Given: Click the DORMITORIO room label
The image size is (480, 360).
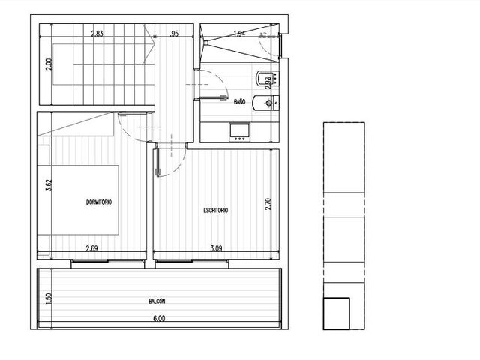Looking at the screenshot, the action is pos(99,202).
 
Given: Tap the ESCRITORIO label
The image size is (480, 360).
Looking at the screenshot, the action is pos(216,210).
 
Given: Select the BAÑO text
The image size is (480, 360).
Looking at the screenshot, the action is pos(239,101).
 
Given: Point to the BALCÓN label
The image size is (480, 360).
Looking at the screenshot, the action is pos(157,301).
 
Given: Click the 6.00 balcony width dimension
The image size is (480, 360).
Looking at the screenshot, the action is pos(159,318).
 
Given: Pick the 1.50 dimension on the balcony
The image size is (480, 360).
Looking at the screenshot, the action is pos(49,298).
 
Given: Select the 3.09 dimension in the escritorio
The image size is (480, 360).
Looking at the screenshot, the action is pos(216,248).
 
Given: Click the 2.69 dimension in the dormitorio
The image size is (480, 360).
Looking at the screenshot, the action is pos(91,248).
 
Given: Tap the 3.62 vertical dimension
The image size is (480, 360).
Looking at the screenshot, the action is pos(49,185).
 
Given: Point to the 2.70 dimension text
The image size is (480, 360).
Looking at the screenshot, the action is pos(268,204).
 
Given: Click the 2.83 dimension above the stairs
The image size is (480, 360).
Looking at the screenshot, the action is pos(97,34).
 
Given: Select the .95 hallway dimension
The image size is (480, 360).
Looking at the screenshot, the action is pos(173,34).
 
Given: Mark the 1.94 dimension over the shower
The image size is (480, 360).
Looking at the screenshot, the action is pos(239,34).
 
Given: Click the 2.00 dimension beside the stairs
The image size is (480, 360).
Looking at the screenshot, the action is pos(49,64).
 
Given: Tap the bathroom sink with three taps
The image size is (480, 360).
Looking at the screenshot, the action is pos(239,133).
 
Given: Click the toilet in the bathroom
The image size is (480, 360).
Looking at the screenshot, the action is pos(266,103).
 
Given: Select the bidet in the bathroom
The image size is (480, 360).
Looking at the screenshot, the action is pos(267,78).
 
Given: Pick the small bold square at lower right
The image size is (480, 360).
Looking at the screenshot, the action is pos(337,313).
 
